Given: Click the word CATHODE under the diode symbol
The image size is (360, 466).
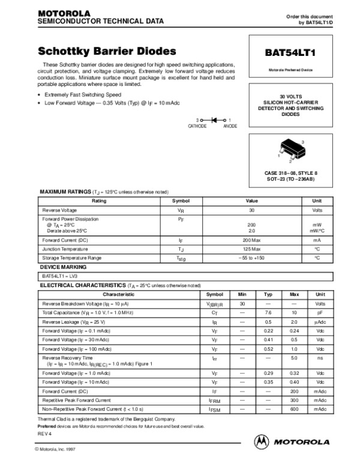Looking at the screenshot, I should (x=197, y=127).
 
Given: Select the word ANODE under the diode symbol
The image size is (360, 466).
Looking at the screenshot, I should (x=230, y=127).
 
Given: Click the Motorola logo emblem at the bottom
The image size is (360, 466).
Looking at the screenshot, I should (x=262, y=442).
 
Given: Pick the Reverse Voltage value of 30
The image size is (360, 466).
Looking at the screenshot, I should (x=252, y=211).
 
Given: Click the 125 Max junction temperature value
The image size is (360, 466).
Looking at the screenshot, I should (x=252, y=249).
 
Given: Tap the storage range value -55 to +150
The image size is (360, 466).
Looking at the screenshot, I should (x=252, y=258).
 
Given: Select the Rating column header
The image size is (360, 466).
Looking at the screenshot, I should (x=99, y=201).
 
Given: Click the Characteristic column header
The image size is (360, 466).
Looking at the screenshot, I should (x=119, y=295).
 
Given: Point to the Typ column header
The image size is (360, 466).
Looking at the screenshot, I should (x=268, y=295).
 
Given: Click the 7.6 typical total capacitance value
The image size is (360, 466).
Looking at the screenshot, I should (x=268, y=313).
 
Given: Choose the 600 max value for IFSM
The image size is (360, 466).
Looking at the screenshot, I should (x=294, y=409).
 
